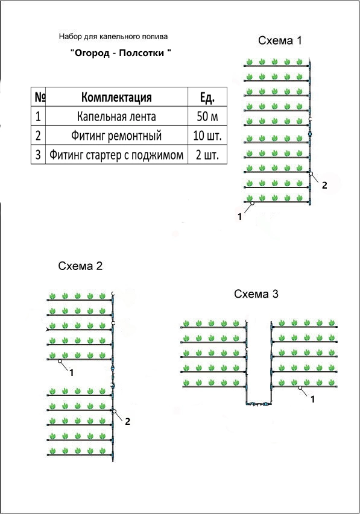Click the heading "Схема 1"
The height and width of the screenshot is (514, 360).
point(280,40)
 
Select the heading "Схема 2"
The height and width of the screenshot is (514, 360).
point(80,266)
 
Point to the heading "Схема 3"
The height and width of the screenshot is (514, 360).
point(256,293)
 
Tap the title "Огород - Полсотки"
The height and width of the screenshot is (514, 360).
point(121,53)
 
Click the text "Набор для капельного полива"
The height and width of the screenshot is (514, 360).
point(113,36)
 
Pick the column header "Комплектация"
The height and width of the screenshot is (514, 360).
point(116,97)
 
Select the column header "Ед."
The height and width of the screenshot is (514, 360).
point(207,97)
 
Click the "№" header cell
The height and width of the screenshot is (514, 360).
point(39,97)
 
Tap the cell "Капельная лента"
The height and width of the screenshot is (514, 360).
point(116,116)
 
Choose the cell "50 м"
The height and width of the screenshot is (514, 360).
point(207,116)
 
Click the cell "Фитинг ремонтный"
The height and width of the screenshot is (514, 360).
point(116,136)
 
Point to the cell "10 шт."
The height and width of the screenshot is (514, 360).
point(207,136)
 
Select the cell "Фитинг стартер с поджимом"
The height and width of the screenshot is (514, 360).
point(116,155)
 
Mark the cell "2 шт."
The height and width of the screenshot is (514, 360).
point(207,155)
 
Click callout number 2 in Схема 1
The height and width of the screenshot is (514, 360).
point(324,185)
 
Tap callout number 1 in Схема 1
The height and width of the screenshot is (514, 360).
point(240,217)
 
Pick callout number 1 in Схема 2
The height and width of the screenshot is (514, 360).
point(72,373)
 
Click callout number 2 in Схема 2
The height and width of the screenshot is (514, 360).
point(128,421)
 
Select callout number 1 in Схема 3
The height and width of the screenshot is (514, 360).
point(313,400)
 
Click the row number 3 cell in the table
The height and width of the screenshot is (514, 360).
point(39,155)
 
